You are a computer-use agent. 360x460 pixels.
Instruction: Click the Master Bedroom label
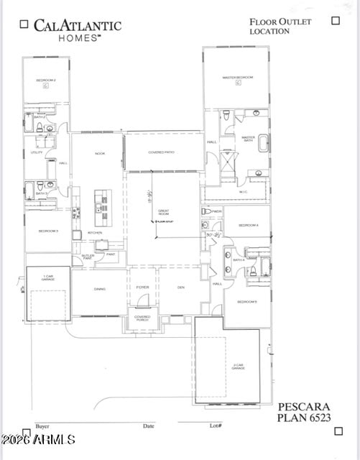click(236, 77)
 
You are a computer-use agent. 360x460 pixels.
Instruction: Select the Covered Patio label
click(161, 152)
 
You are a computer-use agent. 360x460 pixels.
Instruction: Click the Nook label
click(100, 153)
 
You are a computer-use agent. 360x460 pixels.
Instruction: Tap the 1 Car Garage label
click(47, 278)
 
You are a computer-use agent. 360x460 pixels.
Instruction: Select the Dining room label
click(99, 289)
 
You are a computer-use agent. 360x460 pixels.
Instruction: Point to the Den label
click(181, 288)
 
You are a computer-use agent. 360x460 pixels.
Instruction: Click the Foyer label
click(143, 288)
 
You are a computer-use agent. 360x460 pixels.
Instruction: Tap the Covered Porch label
click(142, 318)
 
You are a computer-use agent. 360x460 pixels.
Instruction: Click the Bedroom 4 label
click(248, 225)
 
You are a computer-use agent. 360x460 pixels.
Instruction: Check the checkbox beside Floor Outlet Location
click(335, 21)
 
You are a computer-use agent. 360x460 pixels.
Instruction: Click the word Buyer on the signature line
click(42, 426)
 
